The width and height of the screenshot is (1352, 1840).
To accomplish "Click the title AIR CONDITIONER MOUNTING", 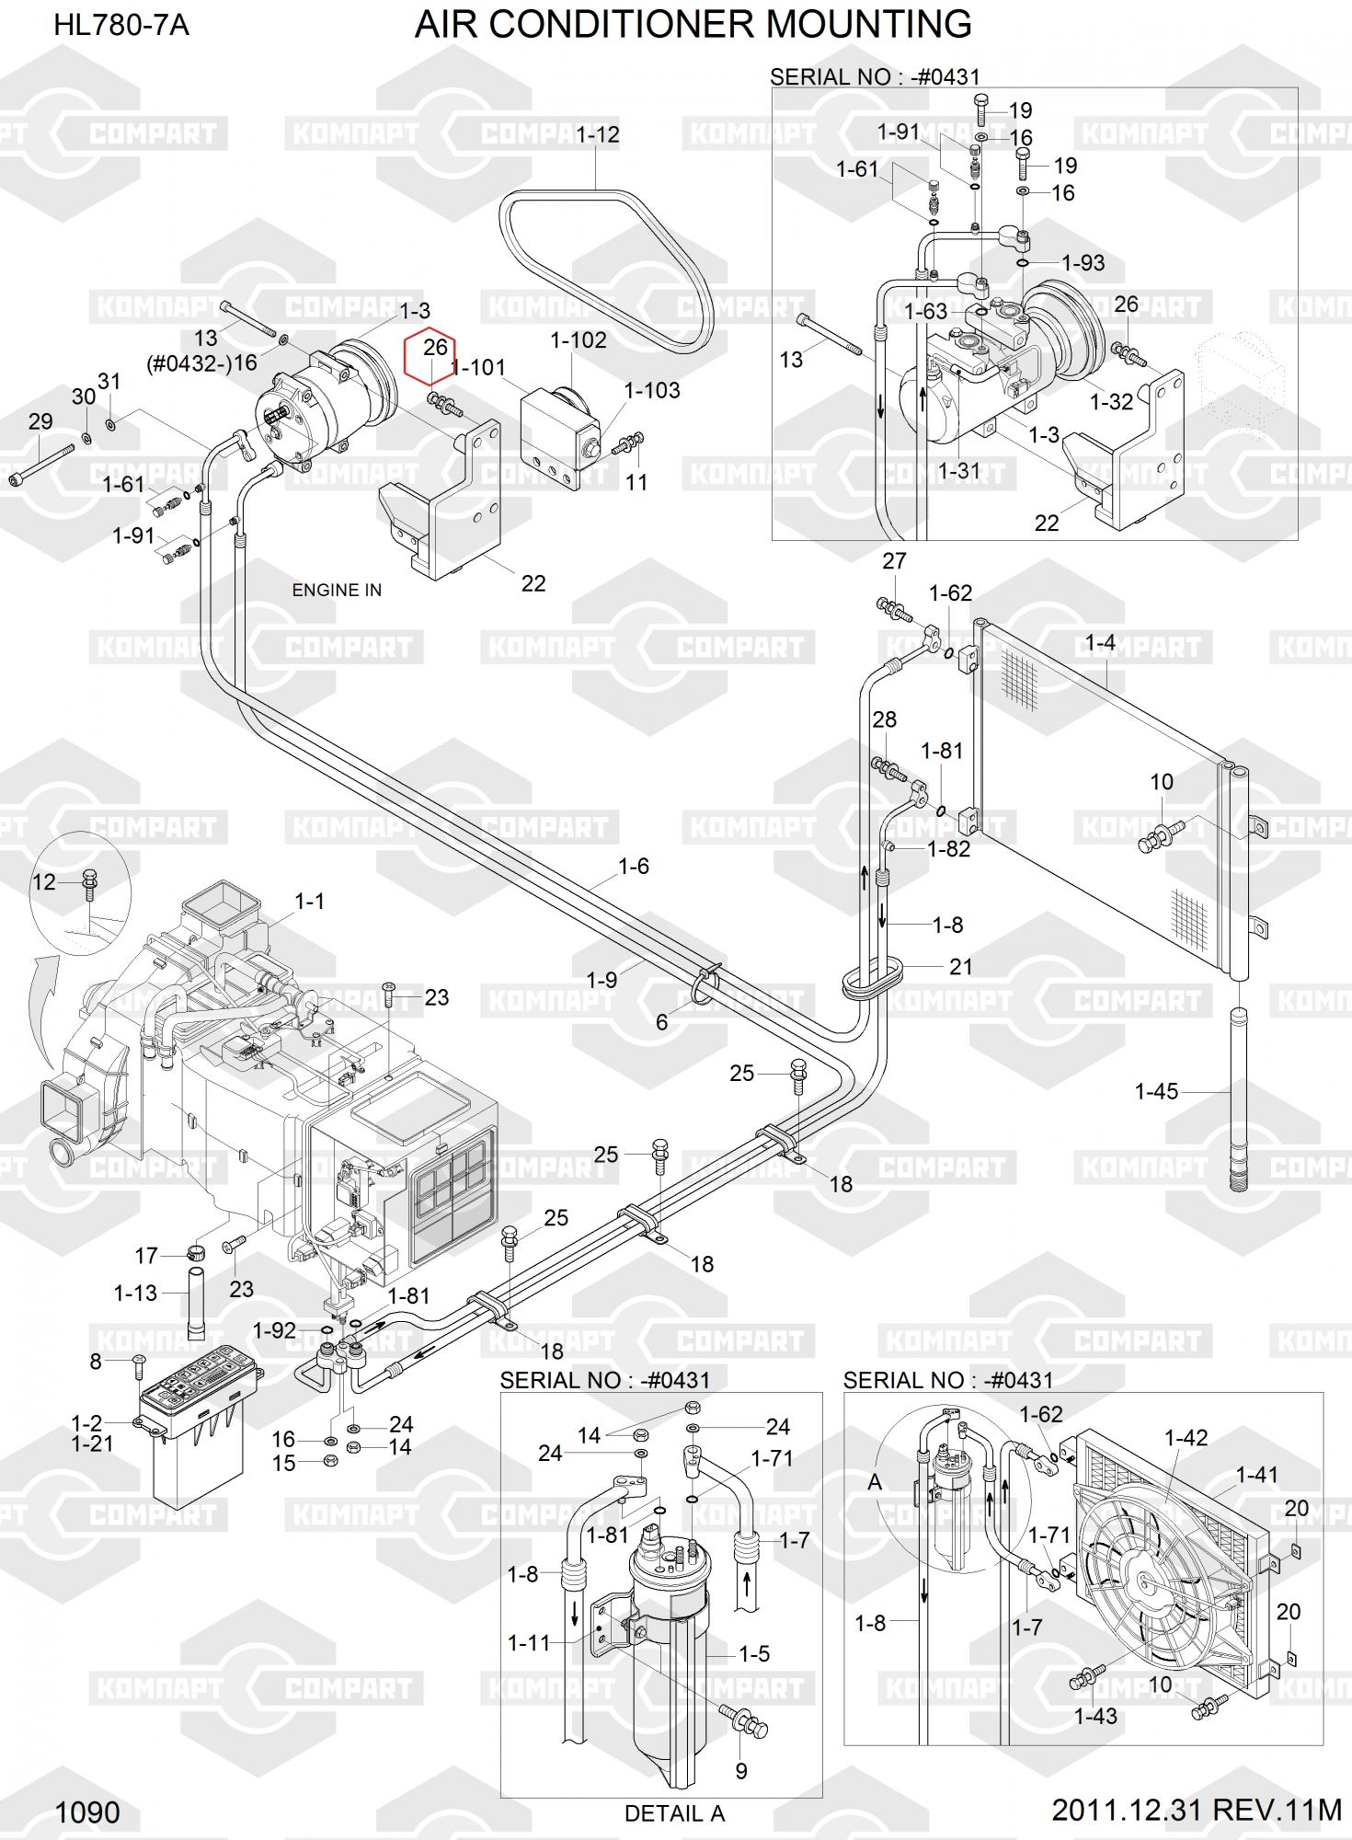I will click(693, 25).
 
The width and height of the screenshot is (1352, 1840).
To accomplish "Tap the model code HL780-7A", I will click(121, 25).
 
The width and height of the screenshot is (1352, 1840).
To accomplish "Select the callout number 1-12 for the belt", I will click(598, 134).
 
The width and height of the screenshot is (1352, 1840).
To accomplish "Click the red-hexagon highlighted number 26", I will click(434, 348).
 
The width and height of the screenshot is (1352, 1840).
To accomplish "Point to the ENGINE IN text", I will click(337, 590).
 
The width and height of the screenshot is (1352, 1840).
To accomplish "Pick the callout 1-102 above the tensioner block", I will click(579, 340).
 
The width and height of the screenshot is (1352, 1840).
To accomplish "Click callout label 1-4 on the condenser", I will click(1100, 643).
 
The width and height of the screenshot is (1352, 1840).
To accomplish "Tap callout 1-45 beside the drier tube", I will click(1156, 1091).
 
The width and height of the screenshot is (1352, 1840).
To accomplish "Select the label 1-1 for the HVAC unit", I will click(309, 901).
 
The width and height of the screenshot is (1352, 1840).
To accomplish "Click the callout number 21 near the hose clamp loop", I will click(961, 966).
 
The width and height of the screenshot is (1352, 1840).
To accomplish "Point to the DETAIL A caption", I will click(674, 1813).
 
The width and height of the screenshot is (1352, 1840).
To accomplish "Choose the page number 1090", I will click(88, 1812).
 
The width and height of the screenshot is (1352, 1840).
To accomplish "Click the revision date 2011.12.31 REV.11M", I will click(1197, 1810).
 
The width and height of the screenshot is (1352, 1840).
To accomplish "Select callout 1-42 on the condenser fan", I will click(1186, 1437).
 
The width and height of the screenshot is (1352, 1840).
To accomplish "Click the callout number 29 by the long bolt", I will click(40, 421).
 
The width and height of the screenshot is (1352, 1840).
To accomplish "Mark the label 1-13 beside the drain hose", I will click(135, 1293).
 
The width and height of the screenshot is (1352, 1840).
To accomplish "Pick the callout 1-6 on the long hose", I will click(633, 866).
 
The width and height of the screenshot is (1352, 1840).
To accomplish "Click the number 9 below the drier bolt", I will click(741, 1770).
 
